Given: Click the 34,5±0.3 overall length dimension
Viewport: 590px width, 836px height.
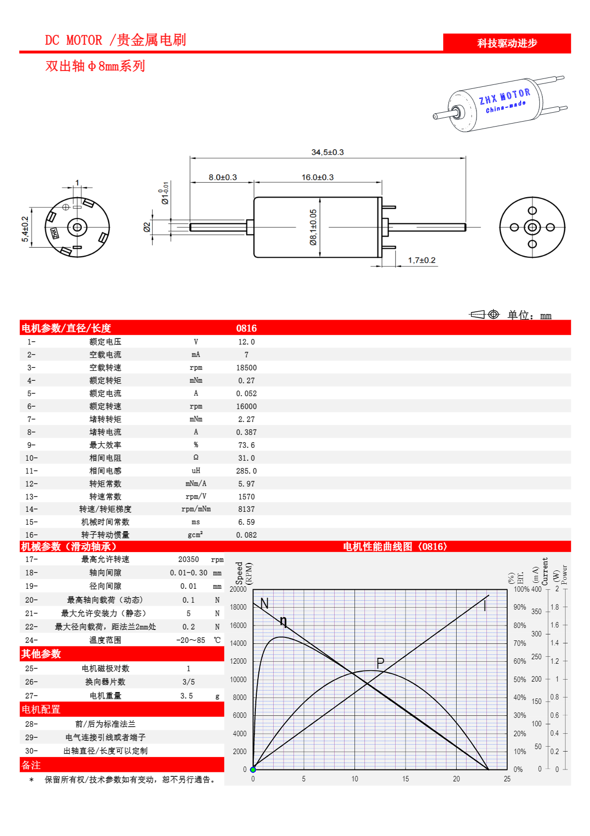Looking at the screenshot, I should (x=327, y=152).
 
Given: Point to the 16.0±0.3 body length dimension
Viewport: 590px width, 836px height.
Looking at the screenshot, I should (x=317, y=177).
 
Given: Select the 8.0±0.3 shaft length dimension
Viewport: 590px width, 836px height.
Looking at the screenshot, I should (x=223, y=177).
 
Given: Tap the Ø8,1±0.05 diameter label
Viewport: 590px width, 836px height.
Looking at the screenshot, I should (x=313, y=227).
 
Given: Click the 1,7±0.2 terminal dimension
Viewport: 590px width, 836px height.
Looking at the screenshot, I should (x=421, y=260).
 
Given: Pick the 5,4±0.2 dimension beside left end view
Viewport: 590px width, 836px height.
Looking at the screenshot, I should (x=25, y=229).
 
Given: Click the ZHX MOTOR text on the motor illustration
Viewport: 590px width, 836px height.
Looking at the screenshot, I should (x=504, y=96).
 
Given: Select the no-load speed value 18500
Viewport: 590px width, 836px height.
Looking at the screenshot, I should (x=246, y=368).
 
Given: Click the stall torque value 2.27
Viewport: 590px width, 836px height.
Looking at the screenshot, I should (x=246, y=419).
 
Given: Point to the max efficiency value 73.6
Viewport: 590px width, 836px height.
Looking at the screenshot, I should (x=246, y=445).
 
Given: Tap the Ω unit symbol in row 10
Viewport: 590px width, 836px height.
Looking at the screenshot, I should (x=196, y=458).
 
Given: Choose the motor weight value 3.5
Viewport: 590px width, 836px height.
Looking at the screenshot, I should (x=186, y=696).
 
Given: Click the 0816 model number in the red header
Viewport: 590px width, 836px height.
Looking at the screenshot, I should (x=246, y=328).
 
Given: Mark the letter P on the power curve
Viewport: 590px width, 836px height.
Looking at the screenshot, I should (x=380, y=663).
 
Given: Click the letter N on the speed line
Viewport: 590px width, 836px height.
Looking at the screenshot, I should (x=264, y=604).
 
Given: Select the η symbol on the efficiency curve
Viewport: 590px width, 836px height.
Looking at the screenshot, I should (x=284, y=621).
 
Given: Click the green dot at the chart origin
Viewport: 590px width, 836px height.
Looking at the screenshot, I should (x=253, y=769).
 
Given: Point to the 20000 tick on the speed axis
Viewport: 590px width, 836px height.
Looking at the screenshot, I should (x=238, y=589).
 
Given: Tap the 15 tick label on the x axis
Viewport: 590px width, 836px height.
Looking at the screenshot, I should (x=406, y=779).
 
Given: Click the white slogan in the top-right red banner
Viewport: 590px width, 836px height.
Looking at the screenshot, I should (x=507, y=43).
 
